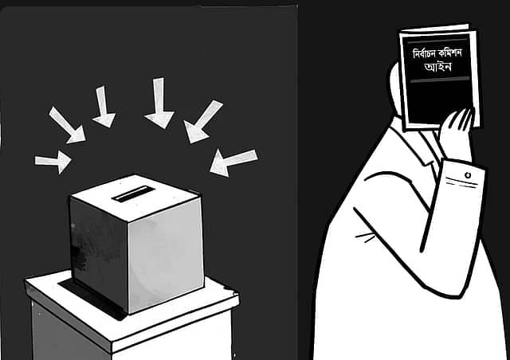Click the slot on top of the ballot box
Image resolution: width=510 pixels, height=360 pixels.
click(x=133, y=194)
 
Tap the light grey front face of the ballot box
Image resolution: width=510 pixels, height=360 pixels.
click(x=166, y=255)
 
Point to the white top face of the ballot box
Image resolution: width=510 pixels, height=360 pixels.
click(x=135, y=197)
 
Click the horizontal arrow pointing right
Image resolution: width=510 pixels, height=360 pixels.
click(x=53, y=162)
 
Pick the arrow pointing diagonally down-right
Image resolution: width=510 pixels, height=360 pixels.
click(x=67, y=126)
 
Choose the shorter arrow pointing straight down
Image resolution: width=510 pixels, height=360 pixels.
click(x=104, y=107)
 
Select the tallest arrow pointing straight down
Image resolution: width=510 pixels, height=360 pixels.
click(x=159, y=103)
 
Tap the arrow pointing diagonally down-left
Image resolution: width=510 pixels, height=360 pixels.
click(x=202, y=122)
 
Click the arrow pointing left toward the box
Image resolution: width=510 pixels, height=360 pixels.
click(x=233, y=163)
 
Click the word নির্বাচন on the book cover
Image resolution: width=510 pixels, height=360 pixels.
click(x=425, y=53)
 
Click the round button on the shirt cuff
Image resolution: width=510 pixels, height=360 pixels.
click(x=468, y=175)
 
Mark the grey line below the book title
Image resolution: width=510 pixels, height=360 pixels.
click(x=439, y=80)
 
